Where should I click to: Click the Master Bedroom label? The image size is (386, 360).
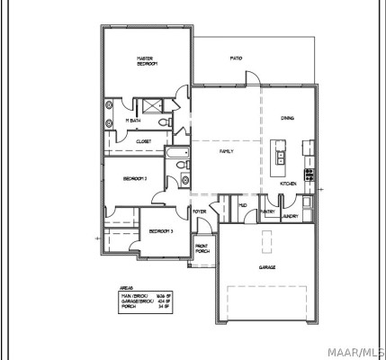[x=147, y=60]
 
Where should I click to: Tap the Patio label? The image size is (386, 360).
[x=236, y=58]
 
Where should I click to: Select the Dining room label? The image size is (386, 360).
[x=287, y=118]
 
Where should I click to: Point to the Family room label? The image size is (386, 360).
[x=227, y=151]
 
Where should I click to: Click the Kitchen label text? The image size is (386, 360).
[x=288, y=183]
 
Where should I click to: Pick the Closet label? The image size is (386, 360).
[x=144, y=141]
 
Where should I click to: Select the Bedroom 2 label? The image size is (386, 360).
[x=135, y=178]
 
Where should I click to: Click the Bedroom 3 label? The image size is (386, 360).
[x=161, y=231]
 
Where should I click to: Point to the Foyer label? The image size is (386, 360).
[x=200, y=211]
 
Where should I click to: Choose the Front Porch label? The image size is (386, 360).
[x=202, y=249]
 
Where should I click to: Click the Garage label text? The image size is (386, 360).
[x=267, y=267]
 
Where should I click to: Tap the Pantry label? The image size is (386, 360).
[x=267, y=212]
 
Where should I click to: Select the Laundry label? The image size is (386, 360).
[x=290, y=216]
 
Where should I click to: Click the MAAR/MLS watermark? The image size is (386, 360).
[x=360, y=347]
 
